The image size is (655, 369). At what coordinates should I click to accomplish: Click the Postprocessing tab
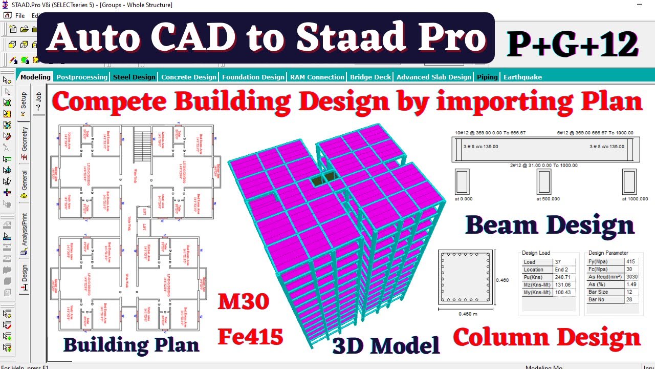[82, 77]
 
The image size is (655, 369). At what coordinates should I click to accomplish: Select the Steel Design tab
[134, 77]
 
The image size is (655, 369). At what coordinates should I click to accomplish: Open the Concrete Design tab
[189, 77]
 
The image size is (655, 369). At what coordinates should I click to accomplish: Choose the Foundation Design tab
[253, 77]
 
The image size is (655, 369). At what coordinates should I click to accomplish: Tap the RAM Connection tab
[317, 77]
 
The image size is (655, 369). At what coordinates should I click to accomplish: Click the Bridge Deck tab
[370, 77]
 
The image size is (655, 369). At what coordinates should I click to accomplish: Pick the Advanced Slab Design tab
[433, 77]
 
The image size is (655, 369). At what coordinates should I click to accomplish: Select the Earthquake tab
[522, 77]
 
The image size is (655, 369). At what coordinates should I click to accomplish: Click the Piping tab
[487, 77]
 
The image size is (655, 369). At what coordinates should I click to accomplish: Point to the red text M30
[244, 302]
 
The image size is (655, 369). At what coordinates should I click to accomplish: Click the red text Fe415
[250, 337]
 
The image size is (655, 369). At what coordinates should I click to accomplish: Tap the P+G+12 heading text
[573, 44]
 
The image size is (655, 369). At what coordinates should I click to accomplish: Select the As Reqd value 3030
[631, 277]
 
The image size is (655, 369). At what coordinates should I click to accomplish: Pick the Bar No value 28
[630, 299]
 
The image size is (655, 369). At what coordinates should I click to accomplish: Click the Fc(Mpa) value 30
[629, 269]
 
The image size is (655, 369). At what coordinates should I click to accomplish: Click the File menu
[19, 16]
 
